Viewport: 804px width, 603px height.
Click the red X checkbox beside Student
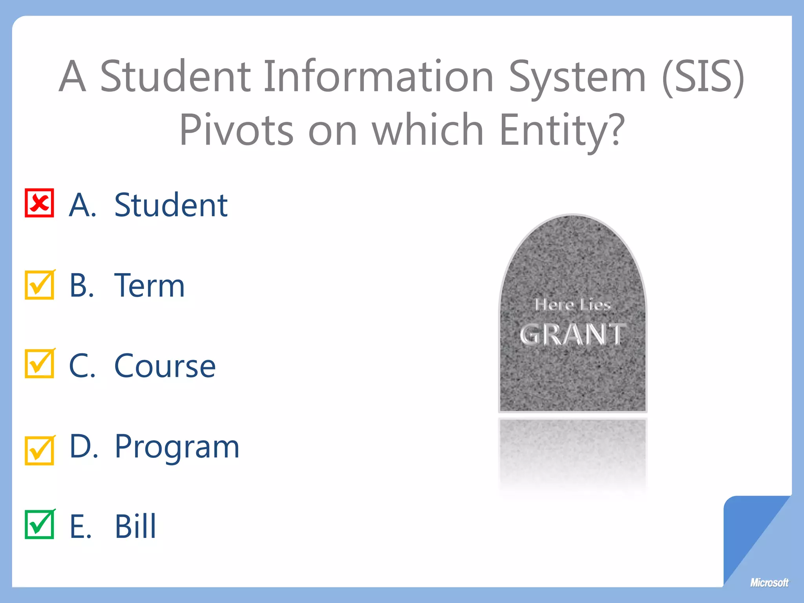[x=39, y=203]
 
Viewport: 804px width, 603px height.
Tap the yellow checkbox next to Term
[x=39, y=285]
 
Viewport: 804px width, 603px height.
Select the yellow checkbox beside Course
[x=39, y=364]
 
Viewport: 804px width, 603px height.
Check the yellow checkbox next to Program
[x=39, y=451]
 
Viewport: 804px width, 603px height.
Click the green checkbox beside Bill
[x=39, y=524]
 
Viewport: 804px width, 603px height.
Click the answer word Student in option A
[x=171, y=205]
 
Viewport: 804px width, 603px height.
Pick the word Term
[x=149, y=285]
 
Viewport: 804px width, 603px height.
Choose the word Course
[x=165, y=366]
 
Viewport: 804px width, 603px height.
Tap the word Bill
[x=135, y=526]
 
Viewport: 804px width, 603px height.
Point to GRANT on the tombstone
[x=572, y=334]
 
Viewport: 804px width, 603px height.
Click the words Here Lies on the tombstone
[x=572, y=305]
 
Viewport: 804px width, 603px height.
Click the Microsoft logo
[x=769, y=583]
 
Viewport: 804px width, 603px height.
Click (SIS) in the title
[x=703, y=77]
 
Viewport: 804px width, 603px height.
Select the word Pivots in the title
[x=236, y=130]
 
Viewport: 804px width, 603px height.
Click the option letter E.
[x=80, y=526]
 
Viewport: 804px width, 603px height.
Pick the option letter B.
[x=82, y=285]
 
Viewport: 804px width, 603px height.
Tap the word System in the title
[x=577, y=77]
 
